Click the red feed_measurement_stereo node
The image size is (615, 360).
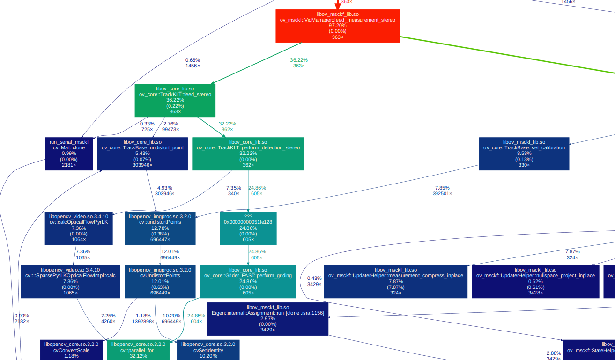pyautogui.click(x=337, y=26)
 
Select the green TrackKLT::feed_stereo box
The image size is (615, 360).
pyautogui.click(x=175, y=100)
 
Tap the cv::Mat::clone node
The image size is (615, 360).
pyautogui.click(x=69, y=154)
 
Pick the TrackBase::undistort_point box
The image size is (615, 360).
pyautogui.click(x=142, y=154)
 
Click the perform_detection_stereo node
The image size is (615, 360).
pyautogui.click(x=248, y=154)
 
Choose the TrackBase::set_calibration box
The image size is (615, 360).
pyautogui.click(x=524, y=154)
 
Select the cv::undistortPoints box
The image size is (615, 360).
pyautogui.click(x=160, y=228)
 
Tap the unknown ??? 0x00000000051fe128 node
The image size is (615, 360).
pyautogui.click(x=248, y=228)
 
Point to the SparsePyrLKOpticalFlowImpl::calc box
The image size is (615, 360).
pyautogui.click(x=70, y=281)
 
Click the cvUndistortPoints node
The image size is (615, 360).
pyautogui.click(x=160, y=281)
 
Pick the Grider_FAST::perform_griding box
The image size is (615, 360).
pyautogui.click(x=248, y=281)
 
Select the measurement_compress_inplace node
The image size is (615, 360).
pyautogui.click(x=396, y=281)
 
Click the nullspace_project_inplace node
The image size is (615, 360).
pyautogui.click(x=535, y=281)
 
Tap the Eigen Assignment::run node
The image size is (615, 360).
pyautogui.click(x=267, y=318)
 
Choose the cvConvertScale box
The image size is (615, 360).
pyautogui.click(x=71, y=350)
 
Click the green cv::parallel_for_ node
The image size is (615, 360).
pyautogui.click(x=138, y=350)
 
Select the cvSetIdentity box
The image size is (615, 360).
pyautogui.click(x=208, y=350)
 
